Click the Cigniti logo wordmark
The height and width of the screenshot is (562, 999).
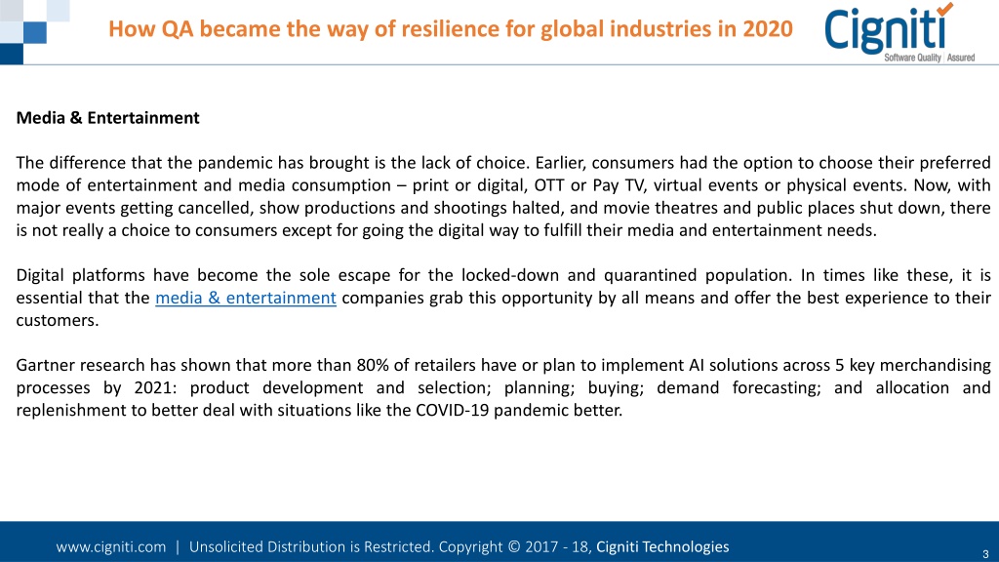point(886,30)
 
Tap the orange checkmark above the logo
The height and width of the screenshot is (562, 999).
point(944,8)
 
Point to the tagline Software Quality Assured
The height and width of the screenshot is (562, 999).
point(929,58)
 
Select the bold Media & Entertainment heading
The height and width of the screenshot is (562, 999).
point(107,118)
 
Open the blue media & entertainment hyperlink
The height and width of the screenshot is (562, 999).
point(246,298)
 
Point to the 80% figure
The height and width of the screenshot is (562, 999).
point(373,365)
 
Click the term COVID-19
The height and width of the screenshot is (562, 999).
point(453,410)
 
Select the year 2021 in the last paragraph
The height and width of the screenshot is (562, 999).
point(155,387)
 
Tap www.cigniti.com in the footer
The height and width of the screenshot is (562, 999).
point(111,546)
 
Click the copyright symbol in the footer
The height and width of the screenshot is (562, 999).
point(514,546)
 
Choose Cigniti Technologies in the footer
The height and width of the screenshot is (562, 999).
point(662,546)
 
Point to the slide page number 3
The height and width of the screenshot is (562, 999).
point(985,554)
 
